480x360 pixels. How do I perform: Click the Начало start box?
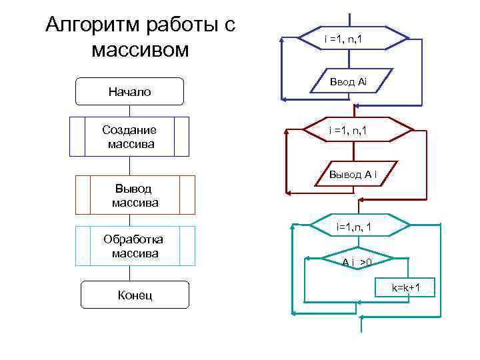tap(129, 91)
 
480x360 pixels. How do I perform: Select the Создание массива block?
tap(129, 136)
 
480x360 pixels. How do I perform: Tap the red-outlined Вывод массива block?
tap(135, 195)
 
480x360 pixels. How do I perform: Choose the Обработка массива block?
tap(135, 246)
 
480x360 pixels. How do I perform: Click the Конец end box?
tap(135, 294)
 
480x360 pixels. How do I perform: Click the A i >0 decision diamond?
tap(356, 262)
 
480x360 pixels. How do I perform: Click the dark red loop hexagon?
tap(351, 130)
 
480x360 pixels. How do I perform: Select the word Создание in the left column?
tap(129, 130)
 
